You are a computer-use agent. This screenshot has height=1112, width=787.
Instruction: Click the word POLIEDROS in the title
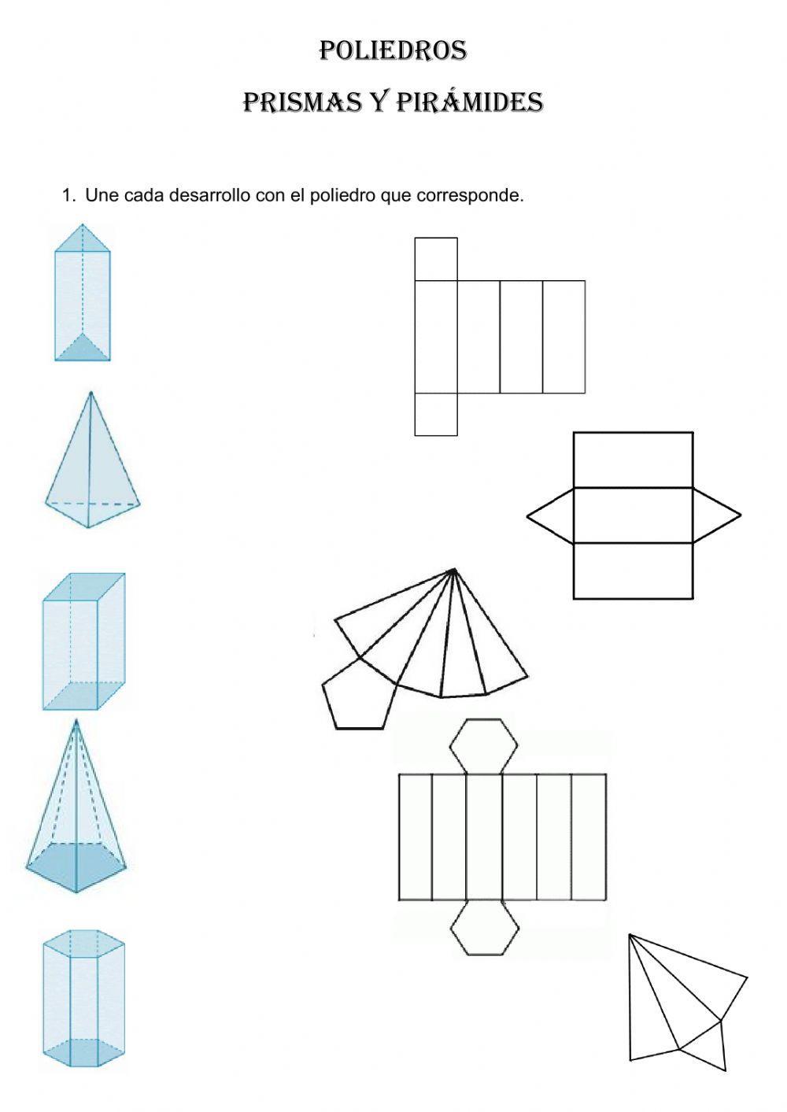(x=393, y=51)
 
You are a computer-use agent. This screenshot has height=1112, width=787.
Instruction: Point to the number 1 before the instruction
(x=67, y=195)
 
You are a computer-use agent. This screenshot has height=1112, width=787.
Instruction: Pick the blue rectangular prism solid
(x=83, y=642)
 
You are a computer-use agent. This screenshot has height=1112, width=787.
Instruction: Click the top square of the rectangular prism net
(x=436, y=259)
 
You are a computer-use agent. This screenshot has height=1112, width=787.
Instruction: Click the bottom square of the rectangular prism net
(x=436, y=414)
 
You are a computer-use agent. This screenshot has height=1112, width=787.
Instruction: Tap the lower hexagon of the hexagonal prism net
(x=485, y=928)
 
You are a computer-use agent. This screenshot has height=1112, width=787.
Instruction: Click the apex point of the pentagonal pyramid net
(x=454, y=570)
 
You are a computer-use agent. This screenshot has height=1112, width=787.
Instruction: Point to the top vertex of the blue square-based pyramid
(x=91, y=393)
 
